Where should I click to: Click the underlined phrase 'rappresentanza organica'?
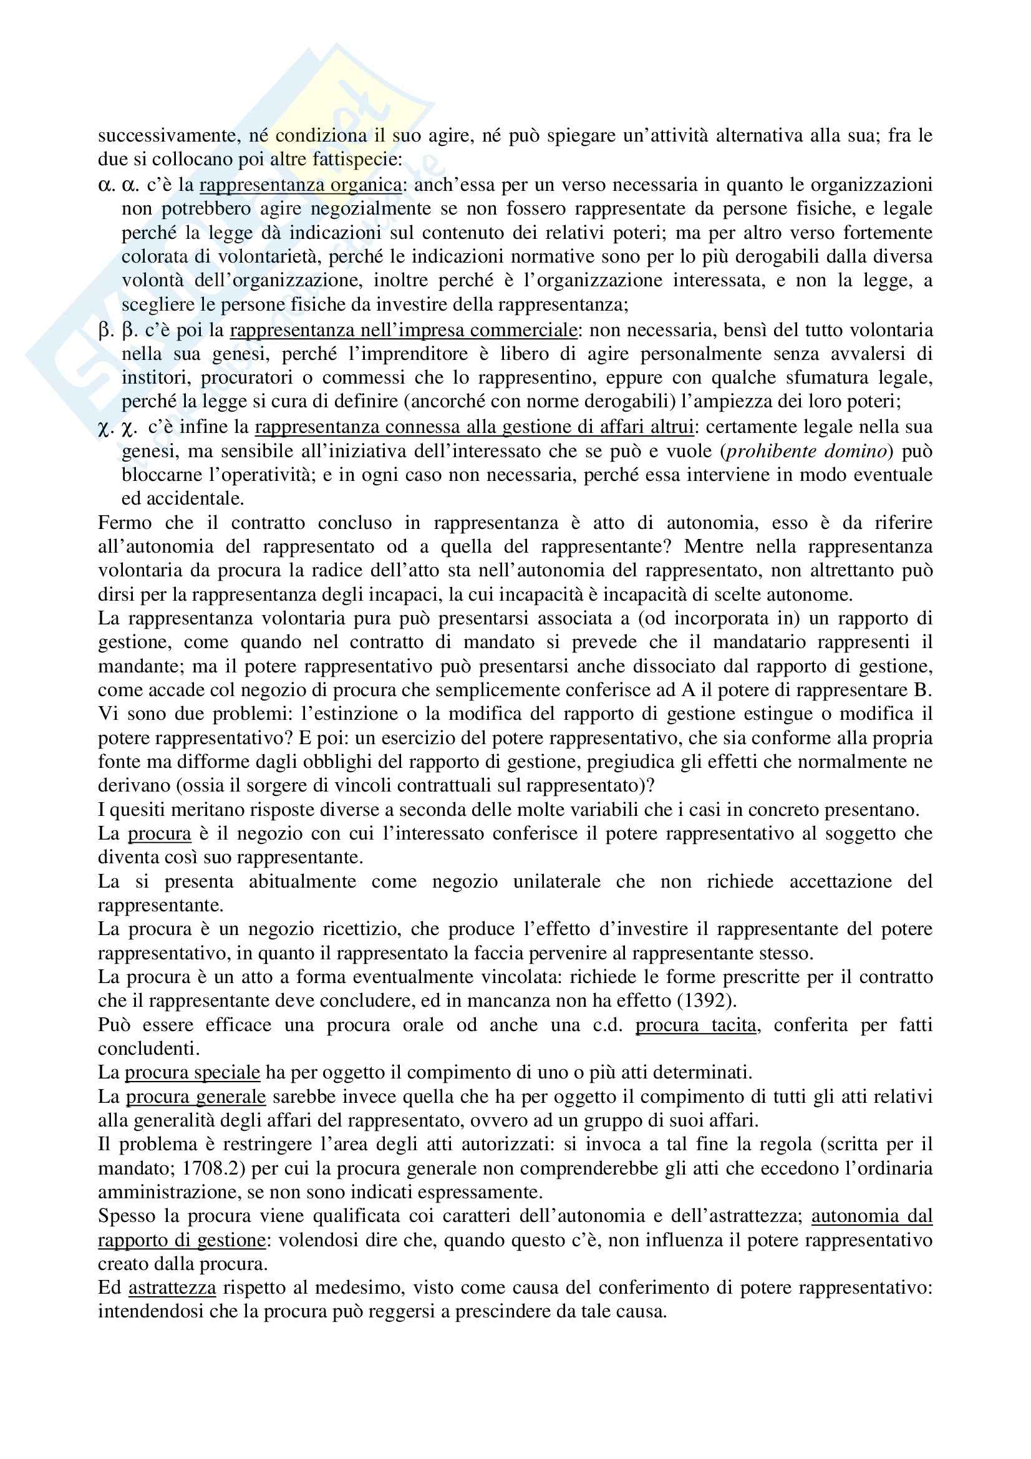coord(300,185)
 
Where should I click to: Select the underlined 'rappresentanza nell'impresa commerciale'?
coord(404,331)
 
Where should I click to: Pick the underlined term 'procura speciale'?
coord(193,1073)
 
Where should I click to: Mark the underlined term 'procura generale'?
coord(196,1097)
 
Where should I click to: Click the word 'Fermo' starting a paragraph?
coord(125,523)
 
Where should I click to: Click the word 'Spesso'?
coord(127,1216)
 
